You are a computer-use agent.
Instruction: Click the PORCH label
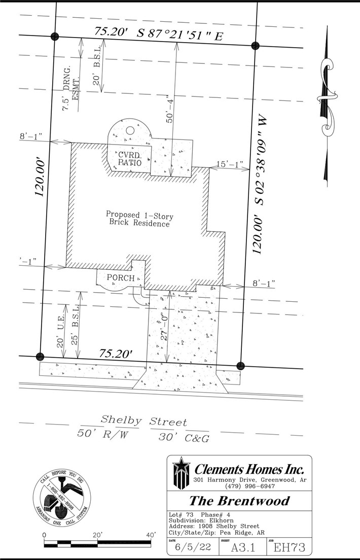[x=120, y=278]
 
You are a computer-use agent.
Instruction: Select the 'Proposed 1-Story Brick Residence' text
[x=137, y=219]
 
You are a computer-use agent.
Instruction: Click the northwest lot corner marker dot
[x=55, y=37]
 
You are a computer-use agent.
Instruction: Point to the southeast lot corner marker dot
[x=241, y=366]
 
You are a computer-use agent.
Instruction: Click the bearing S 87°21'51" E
[x=181, y=34]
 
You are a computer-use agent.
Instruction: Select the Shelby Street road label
[x=143, y=421]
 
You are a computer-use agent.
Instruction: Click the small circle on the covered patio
[x=130, y=130]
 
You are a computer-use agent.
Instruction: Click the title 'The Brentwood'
[x=239, y=501]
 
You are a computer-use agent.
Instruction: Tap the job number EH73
[x=289, y=547]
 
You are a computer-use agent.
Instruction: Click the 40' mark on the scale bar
[x=150, y=535]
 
